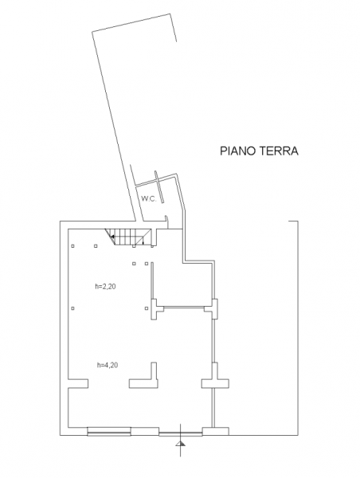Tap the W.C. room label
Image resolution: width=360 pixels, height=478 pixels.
click(x=148, y=199)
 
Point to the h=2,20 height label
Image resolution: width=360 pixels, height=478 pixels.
click(x=105, y=287)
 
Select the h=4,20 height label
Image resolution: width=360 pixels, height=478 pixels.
click(x=108, y=365)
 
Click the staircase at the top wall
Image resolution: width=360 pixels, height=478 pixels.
click(x=129, y=237)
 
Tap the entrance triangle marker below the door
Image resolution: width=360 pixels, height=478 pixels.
click(x=181, y=444)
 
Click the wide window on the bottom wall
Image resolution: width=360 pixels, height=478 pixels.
click(x=109, y=431)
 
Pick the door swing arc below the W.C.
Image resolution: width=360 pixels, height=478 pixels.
click(x=167, y=221)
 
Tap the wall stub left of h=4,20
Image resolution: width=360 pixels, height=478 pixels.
click(x=78, y=383)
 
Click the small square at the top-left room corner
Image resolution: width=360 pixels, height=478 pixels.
click(x=72, y=246)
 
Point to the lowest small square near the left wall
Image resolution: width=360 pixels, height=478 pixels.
click(x=72, y=308)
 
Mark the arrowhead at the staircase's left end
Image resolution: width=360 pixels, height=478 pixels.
click(x=112, y=237)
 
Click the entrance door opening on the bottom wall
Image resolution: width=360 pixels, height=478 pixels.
click(x=181, y=433)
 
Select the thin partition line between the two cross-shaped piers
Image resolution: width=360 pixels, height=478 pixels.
click(x=184, y=308)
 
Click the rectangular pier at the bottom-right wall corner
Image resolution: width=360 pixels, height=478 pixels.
click(x=216, y=431)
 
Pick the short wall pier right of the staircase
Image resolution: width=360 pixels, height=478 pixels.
click(x=155, y=237)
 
